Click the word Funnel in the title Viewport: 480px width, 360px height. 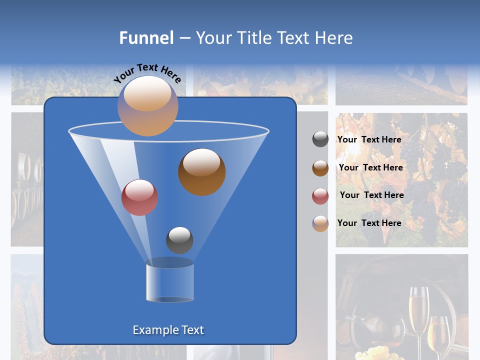(x=146, y=38)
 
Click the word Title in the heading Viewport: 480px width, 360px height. (x=254, y=38)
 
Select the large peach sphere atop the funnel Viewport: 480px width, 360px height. (x=147, y=105)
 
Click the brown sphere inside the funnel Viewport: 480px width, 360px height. (x=201, y=171)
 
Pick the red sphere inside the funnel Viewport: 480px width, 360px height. (x=139, y=197)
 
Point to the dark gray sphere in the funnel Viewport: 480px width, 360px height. (x=179, y=240)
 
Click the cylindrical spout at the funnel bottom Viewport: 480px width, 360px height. (x=170, y=282)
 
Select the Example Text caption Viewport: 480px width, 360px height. (x=168, y=330)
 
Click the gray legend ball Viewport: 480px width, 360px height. (x=320, y=139)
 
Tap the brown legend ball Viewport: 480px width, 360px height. (x=320, y=168)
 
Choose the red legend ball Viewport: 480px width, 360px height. (x=320, y=196)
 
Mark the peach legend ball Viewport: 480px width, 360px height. (x=320, y=223)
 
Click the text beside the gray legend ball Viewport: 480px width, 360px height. (x=369, y=139)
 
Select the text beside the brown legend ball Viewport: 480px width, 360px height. (x=370, y=167)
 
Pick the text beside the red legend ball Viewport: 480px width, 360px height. (x=371, y=195)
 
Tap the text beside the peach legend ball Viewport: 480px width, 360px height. (x=369, y=223)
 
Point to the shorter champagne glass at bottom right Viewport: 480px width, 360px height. (x=438, y=335)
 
